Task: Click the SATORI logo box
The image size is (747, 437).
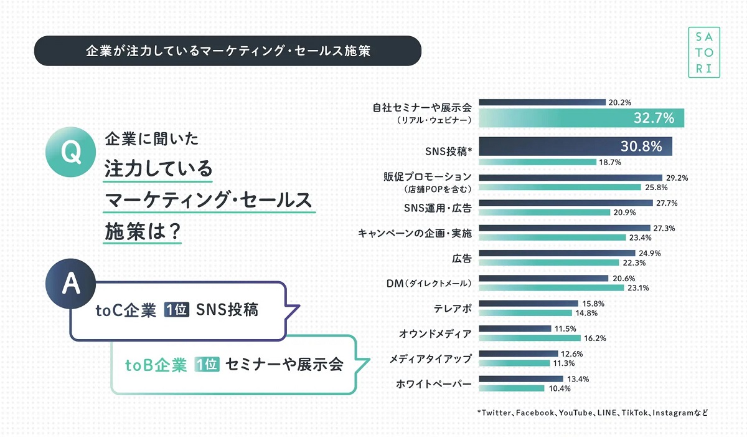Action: point(703,52)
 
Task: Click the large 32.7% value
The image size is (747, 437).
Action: point(654,118)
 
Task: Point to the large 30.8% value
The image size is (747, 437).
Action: point(642,147)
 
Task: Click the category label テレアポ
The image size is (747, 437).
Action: point(453,308)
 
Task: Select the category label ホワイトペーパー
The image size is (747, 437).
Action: point(434,383)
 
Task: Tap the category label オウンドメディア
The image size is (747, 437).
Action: point(435,333)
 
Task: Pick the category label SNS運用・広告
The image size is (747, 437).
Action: point(437,207)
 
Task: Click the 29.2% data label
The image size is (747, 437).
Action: point(676,178)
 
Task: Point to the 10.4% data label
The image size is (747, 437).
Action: point(559,388)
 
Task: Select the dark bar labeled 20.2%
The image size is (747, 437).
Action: point(542,102)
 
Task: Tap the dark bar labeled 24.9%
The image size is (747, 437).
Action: point(557,253)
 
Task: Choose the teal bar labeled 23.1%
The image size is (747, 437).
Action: point(551,287)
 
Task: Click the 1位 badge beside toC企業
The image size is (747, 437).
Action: point(176,310)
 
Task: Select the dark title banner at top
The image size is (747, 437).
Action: point(228,50)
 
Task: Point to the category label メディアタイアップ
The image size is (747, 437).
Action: point(431,358)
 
